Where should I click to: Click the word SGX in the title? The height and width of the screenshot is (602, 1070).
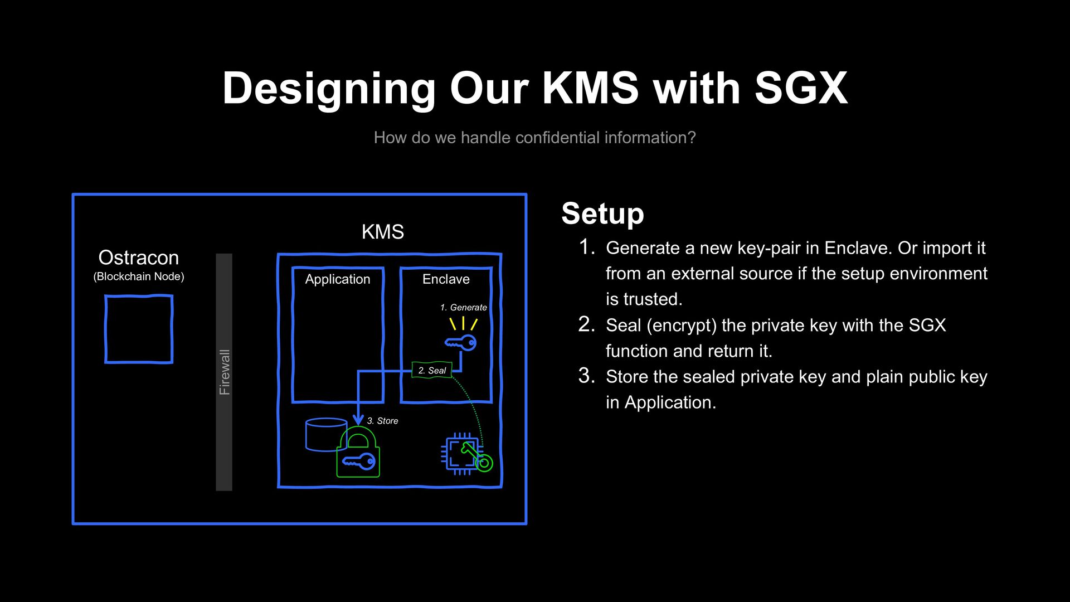pyautogui.click(x=801, y=88)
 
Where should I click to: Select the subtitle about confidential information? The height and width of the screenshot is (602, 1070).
pyautogui.click(x=534, y=138)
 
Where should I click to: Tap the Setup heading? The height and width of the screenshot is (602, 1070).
pyautogui.click(x=602, y=213)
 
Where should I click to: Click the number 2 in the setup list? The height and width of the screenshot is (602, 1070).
pyautogui.click(x=586, y=324)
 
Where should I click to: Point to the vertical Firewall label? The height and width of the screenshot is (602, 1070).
pyautogui.click(x=224, y=372)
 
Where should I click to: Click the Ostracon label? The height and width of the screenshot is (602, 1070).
pyautogui.click(x=139, y=258)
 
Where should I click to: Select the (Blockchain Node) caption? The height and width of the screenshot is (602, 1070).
pyautogui.click(x=139, y=276)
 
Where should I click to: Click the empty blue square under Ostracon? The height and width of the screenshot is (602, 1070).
pyautogui.click(x=139, y=329)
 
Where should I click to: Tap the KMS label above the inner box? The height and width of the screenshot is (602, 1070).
pyautogui.click(x=382, y=232)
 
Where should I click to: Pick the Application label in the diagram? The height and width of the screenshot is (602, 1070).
pyautogui.click(x=337, y=279)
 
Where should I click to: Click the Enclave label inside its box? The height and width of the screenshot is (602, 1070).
pyautogui.click(x=446, y=279)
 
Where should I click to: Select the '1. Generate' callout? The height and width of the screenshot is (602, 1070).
pyautogui.click(x=463, y=308)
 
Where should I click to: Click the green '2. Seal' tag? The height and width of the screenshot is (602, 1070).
pyautogui.click(x=432, y=370)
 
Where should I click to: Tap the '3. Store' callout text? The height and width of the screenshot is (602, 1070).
pyautogui.click(x=382, y=421)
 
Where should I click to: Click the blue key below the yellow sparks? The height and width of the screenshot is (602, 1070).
pyautogui.click(x=461, y=343)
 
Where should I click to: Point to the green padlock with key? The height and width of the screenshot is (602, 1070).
pyautogui.click(x=358, y=454)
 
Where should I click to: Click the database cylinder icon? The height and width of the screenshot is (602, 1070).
pyautogui.click(x=325, y=434)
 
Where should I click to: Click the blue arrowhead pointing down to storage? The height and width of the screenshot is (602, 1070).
pyautogui.click(x=358, y=419)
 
